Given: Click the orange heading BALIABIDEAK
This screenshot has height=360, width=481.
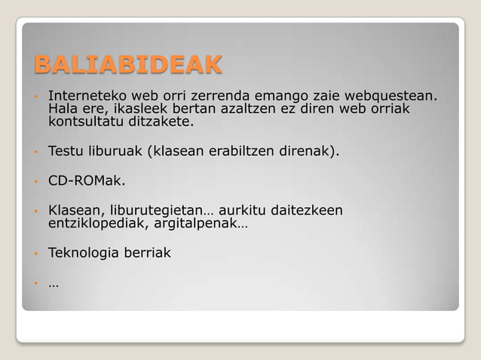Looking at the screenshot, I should click(x=127, y=65).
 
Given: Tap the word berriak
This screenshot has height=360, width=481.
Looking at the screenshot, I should click(x=148, y=253).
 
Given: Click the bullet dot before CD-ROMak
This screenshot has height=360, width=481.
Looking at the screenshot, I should click(x=35, y=182).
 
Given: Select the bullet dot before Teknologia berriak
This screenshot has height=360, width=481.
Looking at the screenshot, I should click(x=35, y=254).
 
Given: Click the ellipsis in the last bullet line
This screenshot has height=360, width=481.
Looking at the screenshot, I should click(x=54, y=285).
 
